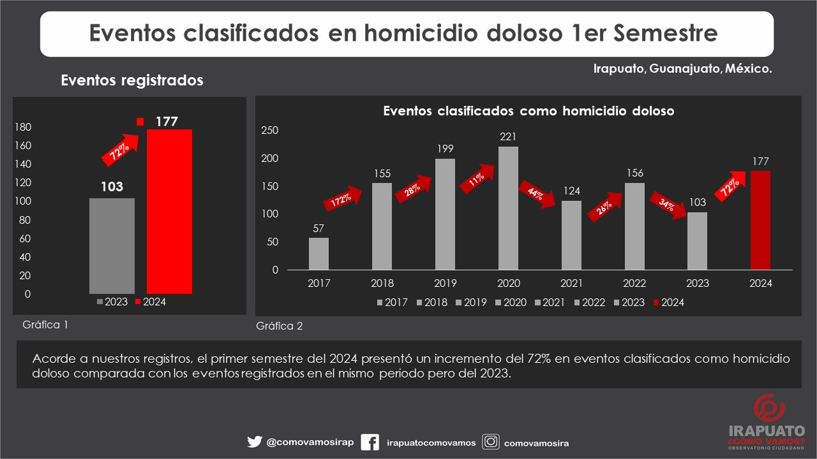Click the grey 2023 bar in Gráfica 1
click(x=112, y=245)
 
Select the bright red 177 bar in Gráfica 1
click(x=169, y=211)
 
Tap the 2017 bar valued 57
click(x=319, y=254)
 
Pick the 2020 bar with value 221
click(x=508, y=208)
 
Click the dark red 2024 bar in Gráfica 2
click(x=760, y=220)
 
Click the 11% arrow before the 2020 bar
click(x=477, y=178)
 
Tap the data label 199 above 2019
click(x=445, y=149)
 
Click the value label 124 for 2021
click(x=571, y=191)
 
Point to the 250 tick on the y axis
click(x=271, y=131)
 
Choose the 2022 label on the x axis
click(x=634, y=284)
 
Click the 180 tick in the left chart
click(x=23, y=127)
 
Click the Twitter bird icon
click(x=255, y=442)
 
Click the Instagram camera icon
click(x=490, y=442)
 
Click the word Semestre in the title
click(x=666, y=33)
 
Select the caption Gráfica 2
click(x=280, y=326)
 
